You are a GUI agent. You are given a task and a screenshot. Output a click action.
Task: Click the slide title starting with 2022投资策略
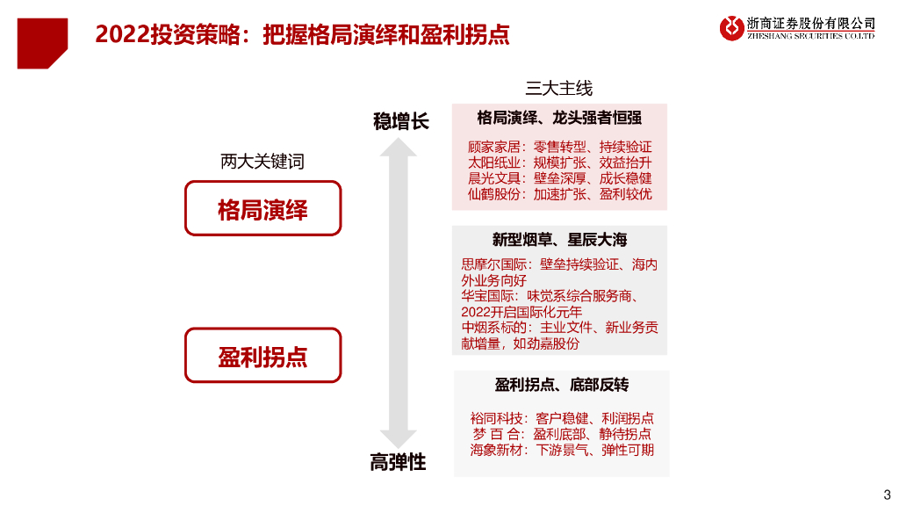coord(302,34)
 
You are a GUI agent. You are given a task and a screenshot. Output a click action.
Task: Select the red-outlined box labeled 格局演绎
coord(263,208)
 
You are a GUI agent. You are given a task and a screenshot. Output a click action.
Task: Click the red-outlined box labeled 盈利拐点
coord(263,355)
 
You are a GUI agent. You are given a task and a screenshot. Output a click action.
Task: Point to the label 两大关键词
coord(263,162)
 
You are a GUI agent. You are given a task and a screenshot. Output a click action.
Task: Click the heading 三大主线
coord(559,88)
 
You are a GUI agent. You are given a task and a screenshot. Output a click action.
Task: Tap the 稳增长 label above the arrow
coord(400,121)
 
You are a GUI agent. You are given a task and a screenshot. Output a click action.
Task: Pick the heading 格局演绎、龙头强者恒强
coord(559,117)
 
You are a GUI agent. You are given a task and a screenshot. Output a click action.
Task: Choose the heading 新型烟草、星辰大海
coord(559,240)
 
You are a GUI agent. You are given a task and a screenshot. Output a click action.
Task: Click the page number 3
coord(886,493)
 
